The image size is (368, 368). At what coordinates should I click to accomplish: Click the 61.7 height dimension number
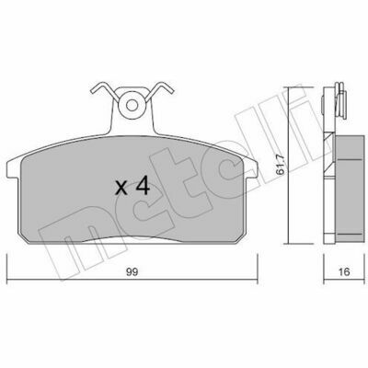click(x=280, y=165)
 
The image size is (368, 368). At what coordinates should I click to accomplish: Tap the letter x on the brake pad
click(x=121, y=188)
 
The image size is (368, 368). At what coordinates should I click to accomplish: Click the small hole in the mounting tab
click(x=132, y=106)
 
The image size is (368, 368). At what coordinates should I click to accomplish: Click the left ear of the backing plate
click(x=13, y=169)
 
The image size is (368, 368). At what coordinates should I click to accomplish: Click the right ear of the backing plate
click(x=251, y=169)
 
